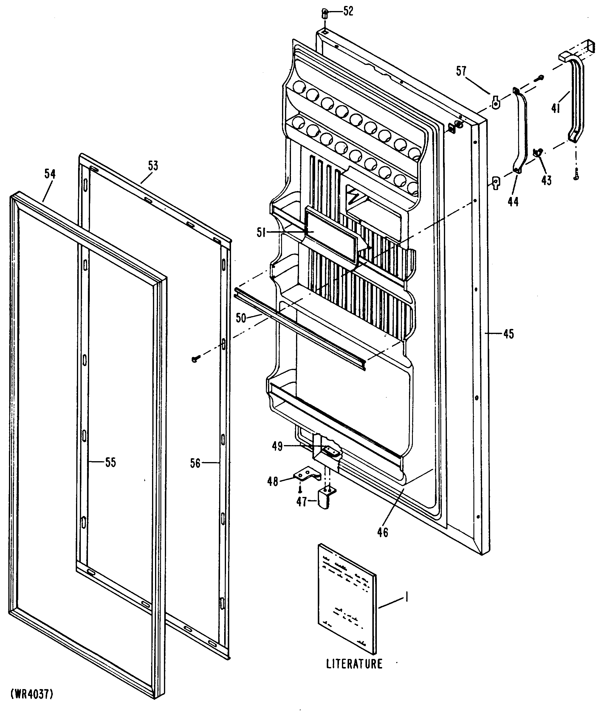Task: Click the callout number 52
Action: (x=348, y=12)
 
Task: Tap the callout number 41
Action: (x=556, y=108)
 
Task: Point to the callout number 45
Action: (x=508, y=334)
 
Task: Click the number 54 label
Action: (x=50, y=174)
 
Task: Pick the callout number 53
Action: (x=153, y=166)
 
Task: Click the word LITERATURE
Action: (x=354, y=664)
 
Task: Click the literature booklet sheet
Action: (x=348, y=603)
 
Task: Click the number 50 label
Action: (x=241, y=318)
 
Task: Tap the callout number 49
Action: (x=277, y=446)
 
